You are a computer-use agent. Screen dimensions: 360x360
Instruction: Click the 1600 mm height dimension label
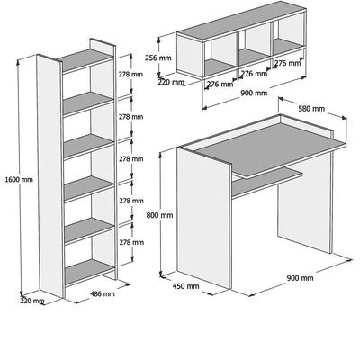coord(19,180)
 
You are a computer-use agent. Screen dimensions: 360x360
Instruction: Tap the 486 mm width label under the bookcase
coord(103,293)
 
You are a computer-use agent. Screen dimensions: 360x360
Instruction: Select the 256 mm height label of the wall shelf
coord(158,58)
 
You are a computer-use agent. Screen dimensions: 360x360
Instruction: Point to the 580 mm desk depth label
coord(311,108)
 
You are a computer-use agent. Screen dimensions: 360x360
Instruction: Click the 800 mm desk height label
coord(159,215)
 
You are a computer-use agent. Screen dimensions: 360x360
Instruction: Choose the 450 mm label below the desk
coord(185,286)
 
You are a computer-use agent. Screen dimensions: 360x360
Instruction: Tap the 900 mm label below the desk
coord(300,278)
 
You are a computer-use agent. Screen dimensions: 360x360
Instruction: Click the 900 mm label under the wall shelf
coord(254,94)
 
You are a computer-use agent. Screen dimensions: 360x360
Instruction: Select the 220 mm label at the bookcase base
coord(32,301)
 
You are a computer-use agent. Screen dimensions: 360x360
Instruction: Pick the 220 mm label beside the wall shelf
coord(170,82)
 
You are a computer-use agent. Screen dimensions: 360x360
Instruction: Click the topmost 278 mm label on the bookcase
coord(131,74)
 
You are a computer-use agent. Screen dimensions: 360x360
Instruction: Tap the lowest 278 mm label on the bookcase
coord(131,242)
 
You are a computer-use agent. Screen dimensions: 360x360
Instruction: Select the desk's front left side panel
coord(204,218)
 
